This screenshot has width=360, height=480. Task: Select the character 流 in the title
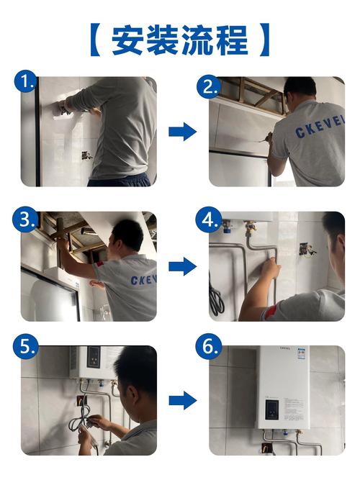pos(199,40)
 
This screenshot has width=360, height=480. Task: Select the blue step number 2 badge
pos(210,87)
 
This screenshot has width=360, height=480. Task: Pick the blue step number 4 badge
pos(210,220)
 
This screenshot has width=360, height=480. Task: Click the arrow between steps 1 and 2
pos(182,131)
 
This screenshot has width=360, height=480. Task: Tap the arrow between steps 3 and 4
pos(182,267)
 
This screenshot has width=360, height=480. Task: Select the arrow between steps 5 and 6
pos(182,401)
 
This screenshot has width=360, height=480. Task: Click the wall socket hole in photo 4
pos(307,249)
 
